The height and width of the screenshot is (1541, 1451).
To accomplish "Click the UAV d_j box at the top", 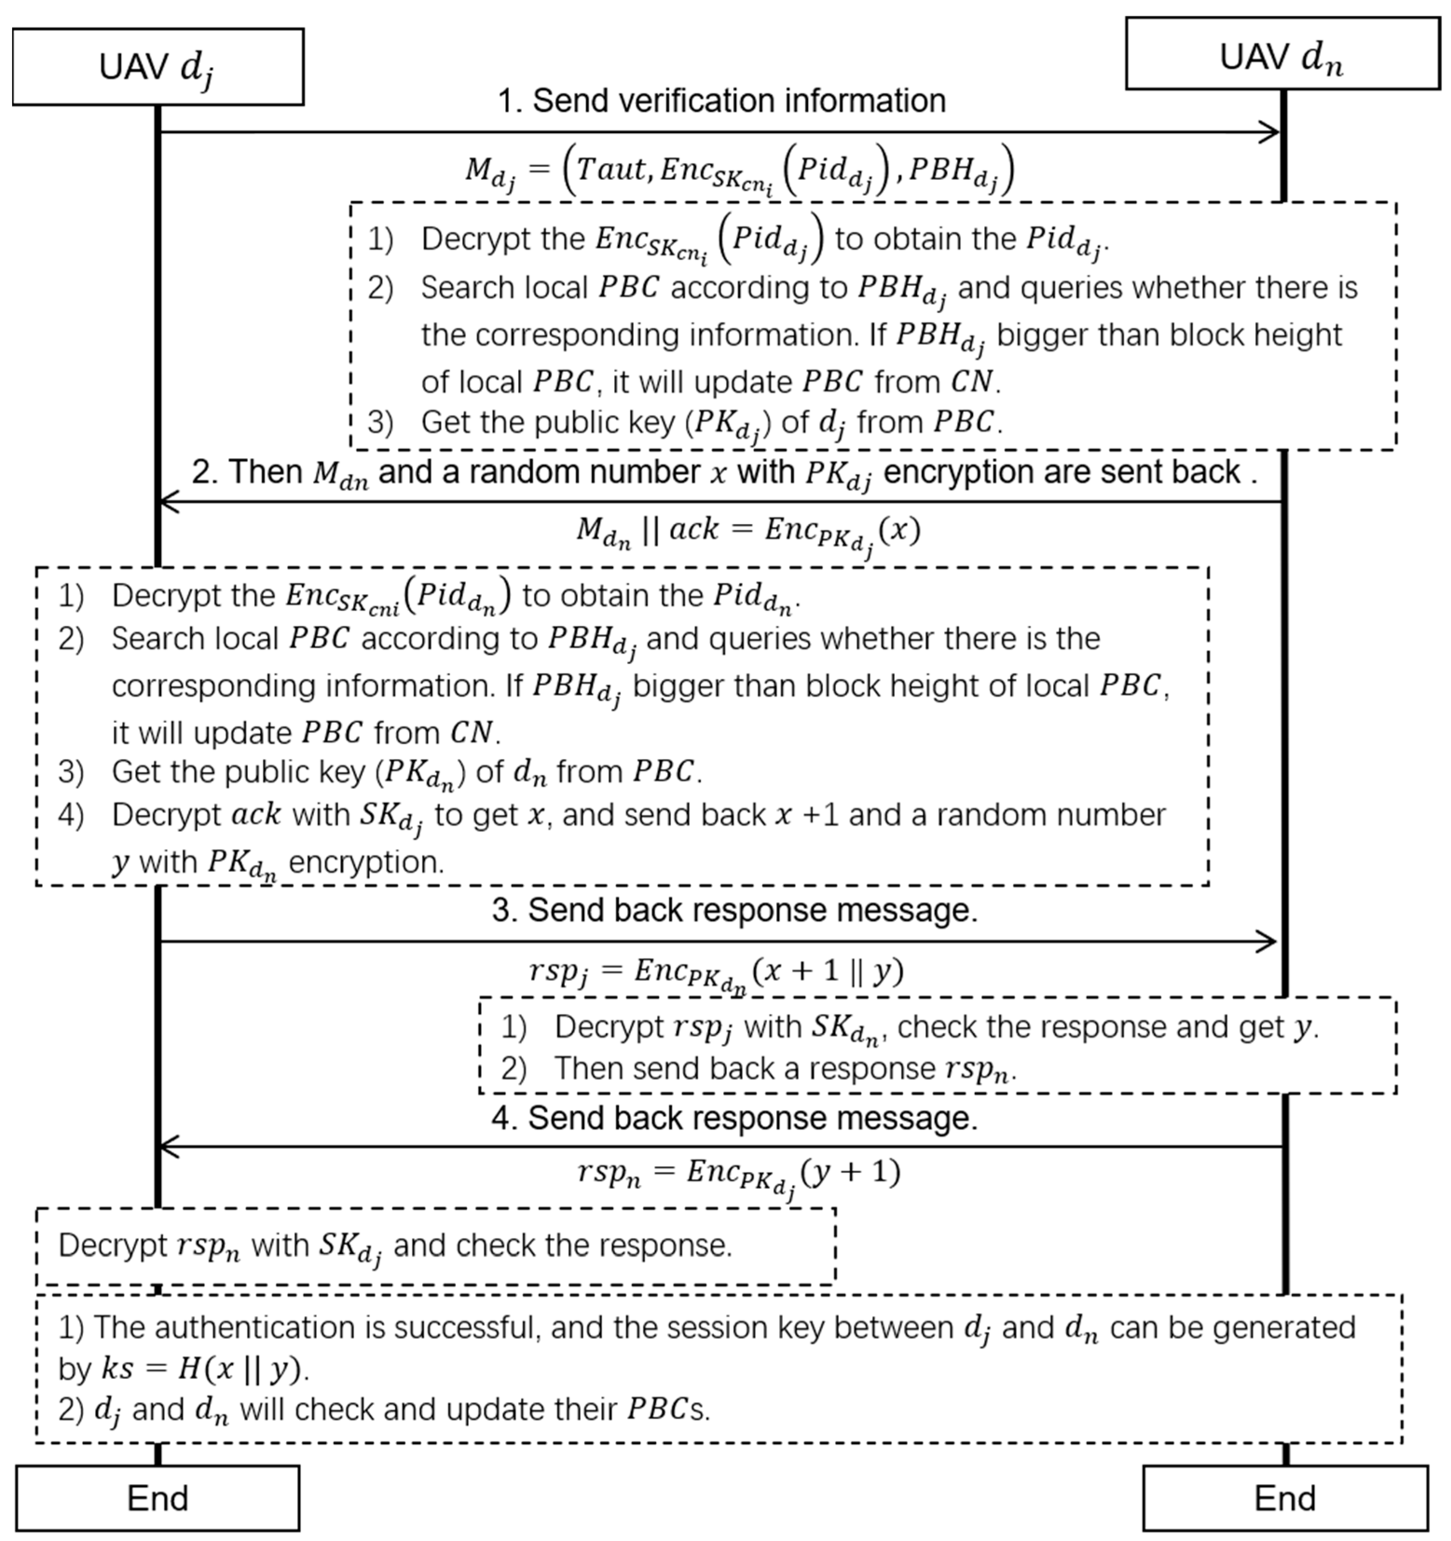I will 157,67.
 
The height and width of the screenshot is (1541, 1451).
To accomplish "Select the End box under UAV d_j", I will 157,1498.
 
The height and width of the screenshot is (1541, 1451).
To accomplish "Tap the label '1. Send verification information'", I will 721,101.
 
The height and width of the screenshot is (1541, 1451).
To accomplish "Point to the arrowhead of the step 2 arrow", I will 167,501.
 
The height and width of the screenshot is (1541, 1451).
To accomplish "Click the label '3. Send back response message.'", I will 734,910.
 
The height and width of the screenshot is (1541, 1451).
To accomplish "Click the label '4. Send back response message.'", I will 734,1118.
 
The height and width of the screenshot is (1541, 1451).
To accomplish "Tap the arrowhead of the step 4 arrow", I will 167,1146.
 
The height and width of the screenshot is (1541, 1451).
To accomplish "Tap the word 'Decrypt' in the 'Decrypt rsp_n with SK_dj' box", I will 112,1246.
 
